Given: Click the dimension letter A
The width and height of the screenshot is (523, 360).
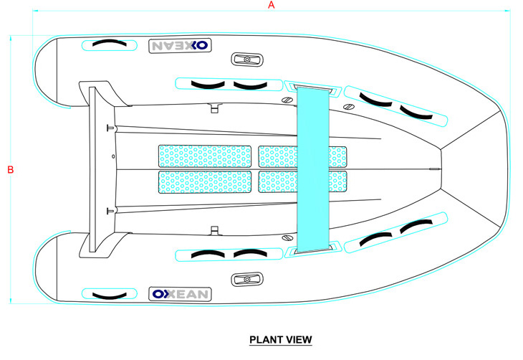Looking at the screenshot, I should (272, 5).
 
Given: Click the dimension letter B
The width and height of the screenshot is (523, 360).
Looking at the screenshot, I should (10, 170).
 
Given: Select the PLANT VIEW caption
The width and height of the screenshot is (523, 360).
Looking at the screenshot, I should (281, 339).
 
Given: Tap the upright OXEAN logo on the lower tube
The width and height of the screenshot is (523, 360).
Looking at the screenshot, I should (180, 294).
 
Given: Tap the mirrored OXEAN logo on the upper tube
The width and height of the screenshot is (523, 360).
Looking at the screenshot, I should (180, 46).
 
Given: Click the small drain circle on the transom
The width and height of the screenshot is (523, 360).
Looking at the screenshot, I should (113, 156).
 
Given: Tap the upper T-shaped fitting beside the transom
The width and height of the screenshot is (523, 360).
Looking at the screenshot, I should (110, 129).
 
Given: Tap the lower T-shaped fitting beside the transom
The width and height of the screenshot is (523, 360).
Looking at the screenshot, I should (110, 210).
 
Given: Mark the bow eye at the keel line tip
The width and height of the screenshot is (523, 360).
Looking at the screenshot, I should (431, 169).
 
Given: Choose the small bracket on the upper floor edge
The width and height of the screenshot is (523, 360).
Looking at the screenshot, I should (213, 108).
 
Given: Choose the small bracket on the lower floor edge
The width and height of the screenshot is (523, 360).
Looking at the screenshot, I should (213, 231).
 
